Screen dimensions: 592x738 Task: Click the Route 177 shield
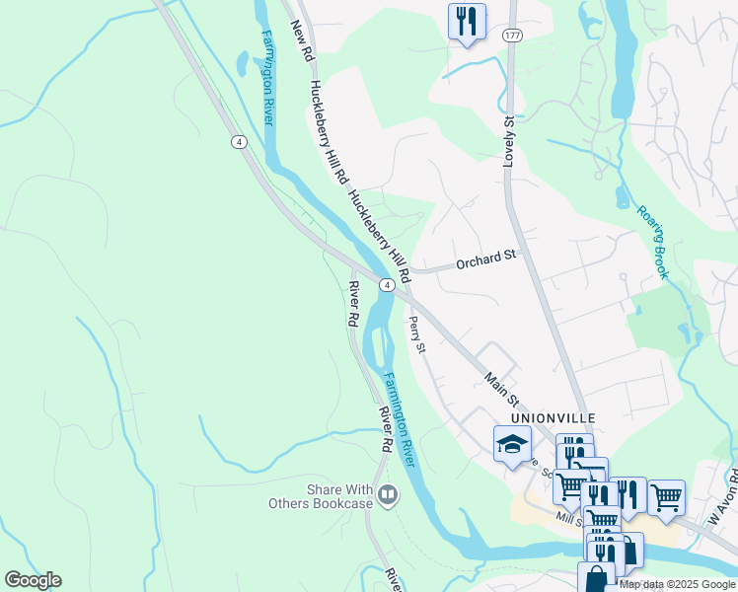tap(511, 36)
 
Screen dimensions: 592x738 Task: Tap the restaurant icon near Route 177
tap(467, 22)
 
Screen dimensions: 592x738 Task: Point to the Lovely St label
tap(510, 141)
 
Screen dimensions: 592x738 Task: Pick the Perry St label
tap(417, 334)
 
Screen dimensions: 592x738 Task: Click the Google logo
tap(33, 580)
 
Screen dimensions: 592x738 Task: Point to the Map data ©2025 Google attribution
tap(677, 584)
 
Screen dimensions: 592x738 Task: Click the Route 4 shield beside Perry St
tap(388, 284)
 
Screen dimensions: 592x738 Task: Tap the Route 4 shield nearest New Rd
tap(239, 142)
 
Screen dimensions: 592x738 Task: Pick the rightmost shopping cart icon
tap(666, 496)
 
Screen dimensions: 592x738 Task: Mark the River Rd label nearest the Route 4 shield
tap(351, 304)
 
